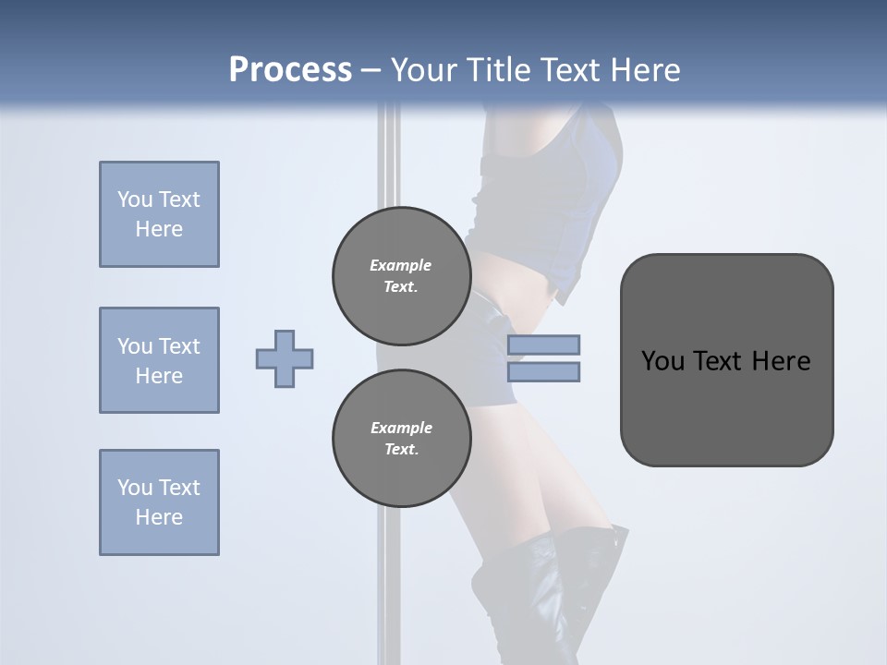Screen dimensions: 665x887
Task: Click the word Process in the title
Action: click(x=290, y=70)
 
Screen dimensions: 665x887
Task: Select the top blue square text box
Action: click(x=159, y=214)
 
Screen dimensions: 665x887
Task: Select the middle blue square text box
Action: click(x=159, y=360)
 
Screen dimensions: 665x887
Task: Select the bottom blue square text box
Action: click(x=159, y=502)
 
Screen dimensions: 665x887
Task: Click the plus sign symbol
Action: click(x=285, y=358)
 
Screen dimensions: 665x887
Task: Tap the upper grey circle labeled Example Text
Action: click(x=401, y=275)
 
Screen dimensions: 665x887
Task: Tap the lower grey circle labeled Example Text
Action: click(x=401, y=438)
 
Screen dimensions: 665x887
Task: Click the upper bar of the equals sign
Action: click(x=543, y=345)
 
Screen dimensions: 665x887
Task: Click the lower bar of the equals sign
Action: click(x=543, y=371)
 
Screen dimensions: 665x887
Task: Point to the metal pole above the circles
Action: click(x=390, y=157)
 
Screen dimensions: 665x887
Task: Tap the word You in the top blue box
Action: click(x=133, y=199)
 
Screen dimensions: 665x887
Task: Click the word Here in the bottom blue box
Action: click(x=159, y=517)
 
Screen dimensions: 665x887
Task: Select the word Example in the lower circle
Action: click(x=401, y=428)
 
